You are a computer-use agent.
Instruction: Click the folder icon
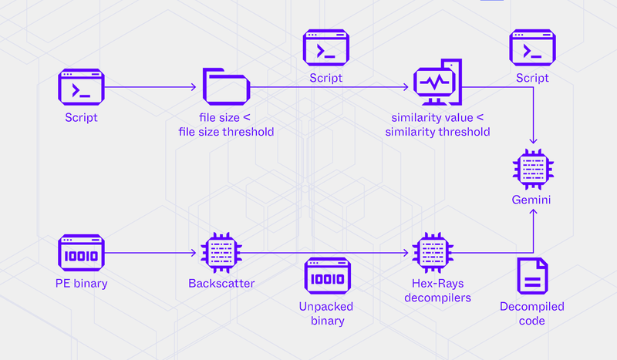226,87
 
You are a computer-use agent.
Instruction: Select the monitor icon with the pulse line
437,82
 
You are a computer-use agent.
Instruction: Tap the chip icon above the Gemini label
533,170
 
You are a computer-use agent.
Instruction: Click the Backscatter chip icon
221,253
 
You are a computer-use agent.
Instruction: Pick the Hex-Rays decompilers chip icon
433,253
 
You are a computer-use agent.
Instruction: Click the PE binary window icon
81,253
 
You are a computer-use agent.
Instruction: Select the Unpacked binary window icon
327,276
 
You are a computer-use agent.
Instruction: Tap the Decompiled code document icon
532,276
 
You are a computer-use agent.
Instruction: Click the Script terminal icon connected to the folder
81,87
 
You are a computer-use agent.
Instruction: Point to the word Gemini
531,200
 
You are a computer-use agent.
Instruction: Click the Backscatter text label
221,283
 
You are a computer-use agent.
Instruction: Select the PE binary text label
82,283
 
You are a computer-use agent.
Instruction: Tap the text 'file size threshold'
226,132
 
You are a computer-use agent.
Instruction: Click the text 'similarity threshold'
437,132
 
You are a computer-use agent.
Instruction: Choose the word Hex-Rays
437,283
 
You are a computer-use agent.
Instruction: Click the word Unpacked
326,307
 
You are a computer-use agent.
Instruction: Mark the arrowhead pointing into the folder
194,87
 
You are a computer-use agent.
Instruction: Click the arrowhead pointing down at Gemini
533,141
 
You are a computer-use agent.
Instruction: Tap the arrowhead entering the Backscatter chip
194,253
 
